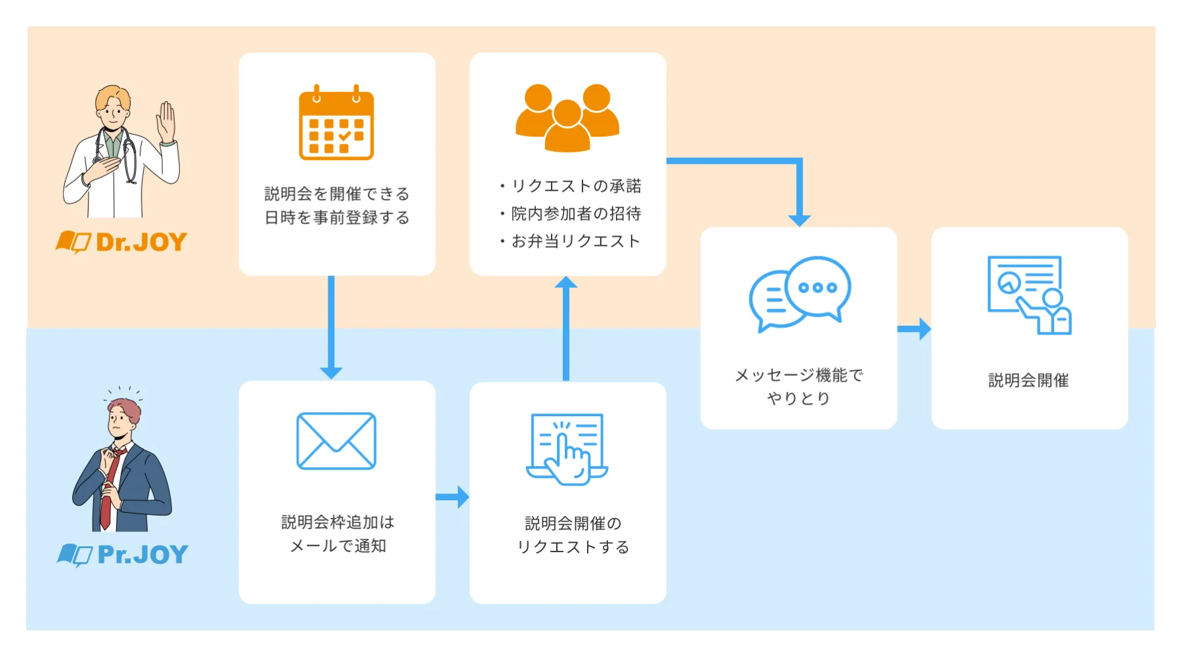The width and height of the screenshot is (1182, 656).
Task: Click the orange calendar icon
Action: pos(336,123)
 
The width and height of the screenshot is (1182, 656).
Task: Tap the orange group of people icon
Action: pos(567,118)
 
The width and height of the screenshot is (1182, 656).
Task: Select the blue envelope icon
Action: pos(336,441)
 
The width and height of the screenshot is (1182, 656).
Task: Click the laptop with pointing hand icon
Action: pos(567,450)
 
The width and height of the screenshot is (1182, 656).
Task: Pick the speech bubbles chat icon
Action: pos(800,293)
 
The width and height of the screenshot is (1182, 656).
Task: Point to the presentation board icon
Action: pos(1029,294)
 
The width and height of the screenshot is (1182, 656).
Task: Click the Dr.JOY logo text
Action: pos(141,243)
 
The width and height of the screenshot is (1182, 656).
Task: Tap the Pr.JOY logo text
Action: pos(142,555)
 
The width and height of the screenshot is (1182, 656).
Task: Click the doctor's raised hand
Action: pos(167,122)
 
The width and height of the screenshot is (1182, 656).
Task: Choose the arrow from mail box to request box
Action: pos(452,497)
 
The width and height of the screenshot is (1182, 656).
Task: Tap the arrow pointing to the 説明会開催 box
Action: pos(914,329)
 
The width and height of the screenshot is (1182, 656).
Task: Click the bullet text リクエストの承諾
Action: pos(576,186)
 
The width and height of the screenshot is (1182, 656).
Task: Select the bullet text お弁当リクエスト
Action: pos(575,241)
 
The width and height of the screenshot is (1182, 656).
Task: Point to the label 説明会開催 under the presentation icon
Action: pos(1028,380)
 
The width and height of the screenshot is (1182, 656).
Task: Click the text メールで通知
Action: pos(338,546)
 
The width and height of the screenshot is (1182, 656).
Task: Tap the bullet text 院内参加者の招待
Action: pos(576,214)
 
